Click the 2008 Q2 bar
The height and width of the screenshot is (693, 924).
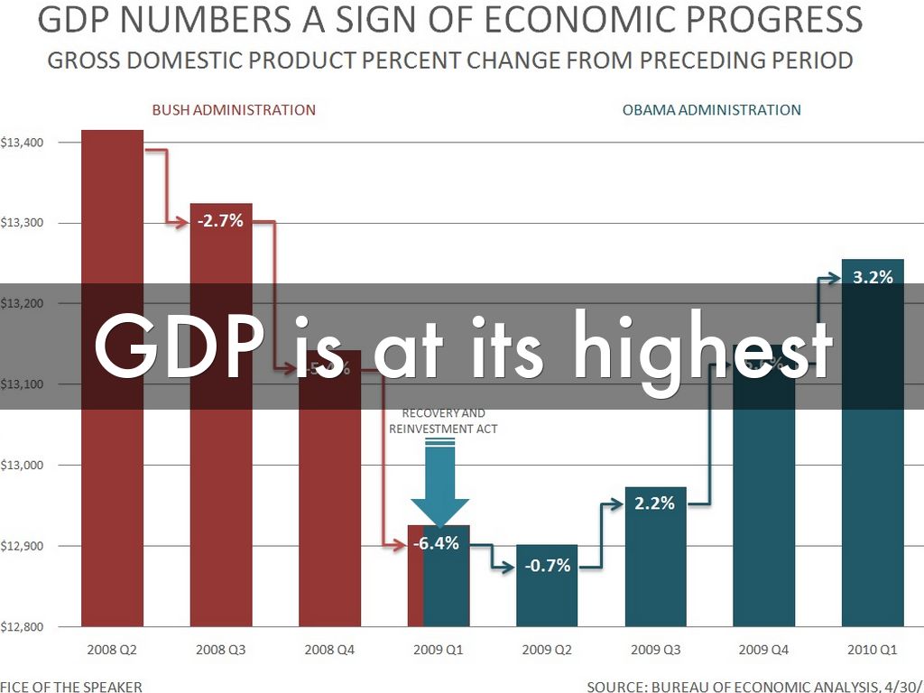click(x=113, y=379)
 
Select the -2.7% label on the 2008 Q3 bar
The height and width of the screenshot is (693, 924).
click(x=221, y=219)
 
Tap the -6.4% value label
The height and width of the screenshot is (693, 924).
click(x=437, y=543)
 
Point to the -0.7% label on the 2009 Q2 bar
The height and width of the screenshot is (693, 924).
click(x=548, y=566)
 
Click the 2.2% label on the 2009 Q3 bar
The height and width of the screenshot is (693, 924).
click(x=654, y=504)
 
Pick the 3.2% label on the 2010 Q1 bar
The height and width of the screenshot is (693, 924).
click(x=873, y=277)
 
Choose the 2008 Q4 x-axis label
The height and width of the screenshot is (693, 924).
click(x=330, y=649)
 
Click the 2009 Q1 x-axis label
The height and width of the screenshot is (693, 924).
click(x=439, y=649)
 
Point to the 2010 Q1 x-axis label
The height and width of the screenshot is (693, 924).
click(x=873, y=649)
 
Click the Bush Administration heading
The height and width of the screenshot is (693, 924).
click(x=234, y=110)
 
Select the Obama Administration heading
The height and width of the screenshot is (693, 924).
click(x=711, y=110)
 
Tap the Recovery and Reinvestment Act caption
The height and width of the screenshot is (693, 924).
click(x=443, y=421)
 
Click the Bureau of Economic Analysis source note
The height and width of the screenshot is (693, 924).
click(x=754, y=687)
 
